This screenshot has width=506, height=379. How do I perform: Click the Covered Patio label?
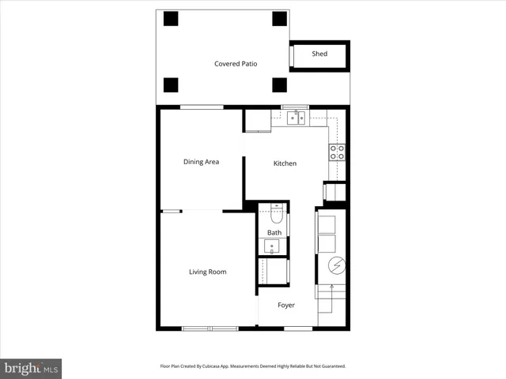pos(236,64)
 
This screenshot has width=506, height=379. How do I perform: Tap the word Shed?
pos(319,54)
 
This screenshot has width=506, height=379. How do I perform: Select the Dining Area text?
pos(201,162)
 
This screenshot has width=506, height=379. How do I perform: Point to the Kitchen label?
pos(285,163)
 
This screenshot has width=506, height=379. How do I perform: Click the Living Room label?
pos(207,272)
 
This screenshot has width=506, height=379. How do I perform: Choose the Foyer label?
pos(285,305)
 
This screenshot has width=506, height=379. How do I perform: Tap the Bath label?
pos(274,233)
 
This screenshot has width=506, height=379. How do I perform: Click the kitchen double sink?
pos(296,118)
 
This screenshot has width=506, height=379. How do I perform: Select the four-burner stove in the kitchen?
pos(337,152)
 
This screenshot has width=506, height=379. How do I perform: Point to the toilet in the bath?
pos(274,212)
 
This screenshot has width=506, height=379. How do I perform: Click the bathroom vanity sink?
pos(272,246)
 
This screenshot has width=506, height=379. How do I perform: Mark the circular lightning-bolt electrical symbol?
pos(332,265)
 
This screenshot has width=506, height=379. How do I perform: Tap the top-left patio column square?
pos(170,18)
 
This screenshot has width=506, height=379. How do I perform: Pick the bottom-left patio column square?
pos(170,84)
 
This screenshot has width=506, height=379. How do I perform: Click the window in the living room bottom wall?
pos(210,328)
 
